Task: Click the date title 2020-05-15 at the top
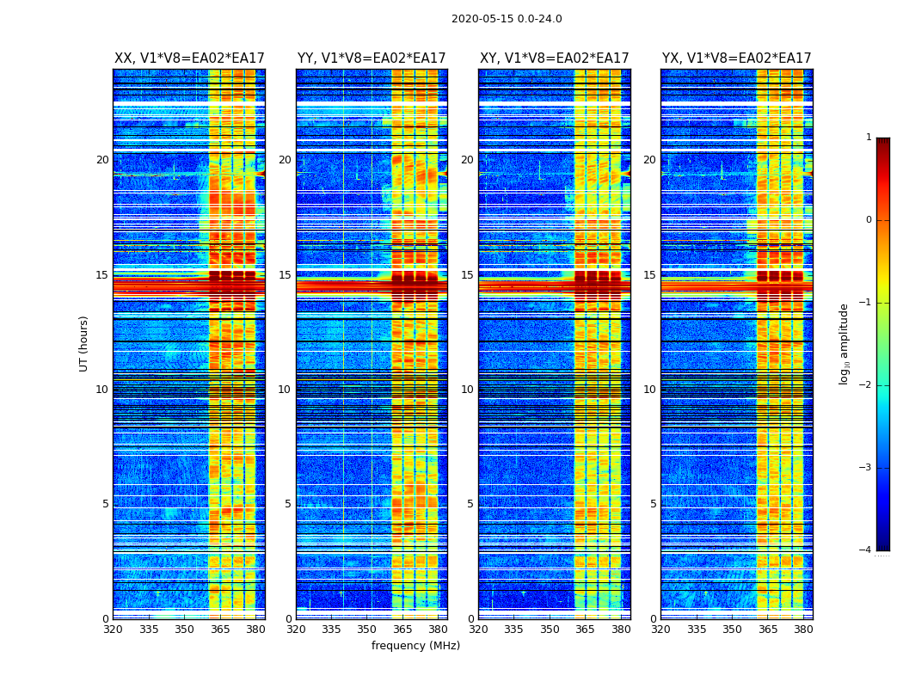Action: point(507,19)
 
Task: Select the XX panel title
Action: point(189,58)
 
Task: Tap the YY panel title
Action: point(372,58)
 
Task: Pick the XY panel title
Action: point(554,58)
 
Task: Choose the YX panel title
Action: point(736,58)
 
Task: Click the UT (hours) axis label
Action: point(84,343)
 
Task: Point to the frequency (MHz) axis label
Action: point(415,646)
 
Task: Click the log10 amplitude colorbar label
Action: point(845,343)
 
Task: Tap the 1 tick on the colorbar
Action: point(869,138)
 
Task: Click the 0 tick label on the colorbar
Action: point(869,220)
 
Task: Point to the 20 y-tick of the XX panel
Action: point(102,160)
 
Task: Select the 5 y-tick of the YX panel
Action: point(653,504)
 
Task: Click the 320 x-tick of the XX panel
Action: point(113,630)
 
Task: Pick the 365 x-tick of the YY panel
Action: point(402,630)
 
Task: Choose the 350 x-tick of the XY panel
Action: point(550,630)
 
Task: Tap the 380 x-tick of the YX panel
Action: point(803,630)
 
